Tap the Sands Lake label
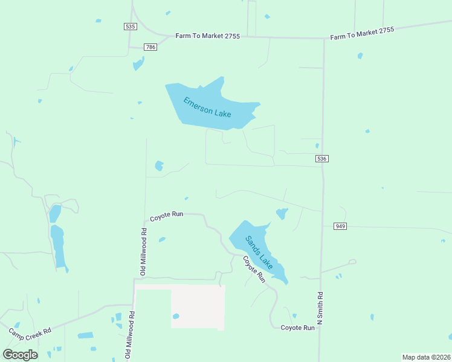259,252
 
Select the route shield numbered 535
130,27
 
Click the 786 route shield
150,47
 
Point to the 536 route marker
321,159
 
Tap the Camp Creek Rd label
30,332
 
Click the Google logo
20,354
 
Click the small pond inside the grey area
176,316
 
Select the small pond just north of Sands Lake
282,214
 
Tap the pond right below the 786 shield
138,63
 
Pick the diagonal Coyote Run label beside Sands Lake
254,270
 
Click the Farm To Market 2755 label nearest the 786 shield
207,36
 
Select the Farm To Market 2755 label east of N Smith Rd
362,34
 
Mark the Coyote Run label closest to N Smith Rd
297,328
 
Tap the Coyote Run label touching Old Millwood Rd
166,215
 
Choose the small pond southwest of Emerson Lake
159,165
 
